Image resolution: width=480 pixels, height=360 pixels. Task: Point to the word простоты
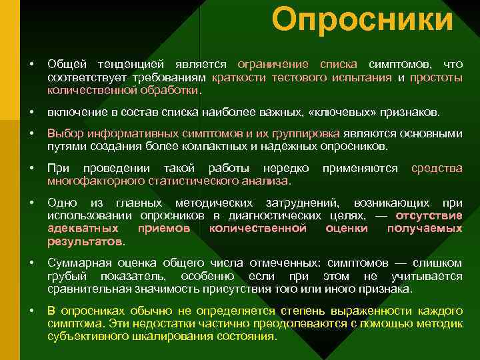click(436, 77)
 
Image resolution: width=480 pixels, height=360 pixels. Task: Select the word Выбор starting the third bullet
click(63, 133)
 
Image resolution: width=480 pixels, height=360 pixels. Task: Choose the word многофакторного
click(91, 181)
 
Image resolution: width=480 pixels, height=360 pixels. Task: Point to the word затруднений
click(303, 203)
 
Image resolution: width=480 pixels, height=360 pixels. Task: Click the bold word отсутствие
click(429, 215)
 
